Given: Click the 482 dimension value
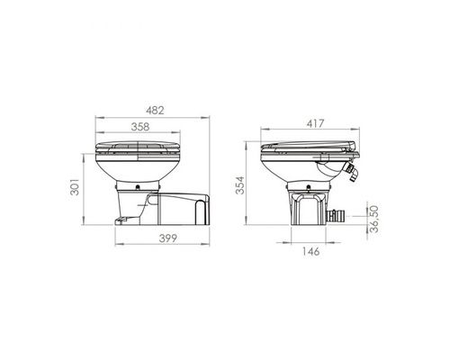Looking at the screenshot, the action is [155, 111].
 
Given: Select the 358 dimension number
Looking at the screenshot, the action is [140, 127].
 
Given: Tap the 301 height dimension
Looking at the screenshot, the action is [75, 187].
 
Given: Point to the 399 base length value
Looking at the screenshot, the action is [168, 238].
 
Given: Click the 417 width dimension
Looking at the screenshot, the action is [315, 123].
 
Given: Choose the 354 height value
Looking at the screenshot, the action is [240, 185].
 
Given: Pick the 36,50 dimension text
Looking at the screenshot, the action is [373, 219].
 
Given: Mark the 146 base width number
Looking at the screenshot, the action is [310, 251].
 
